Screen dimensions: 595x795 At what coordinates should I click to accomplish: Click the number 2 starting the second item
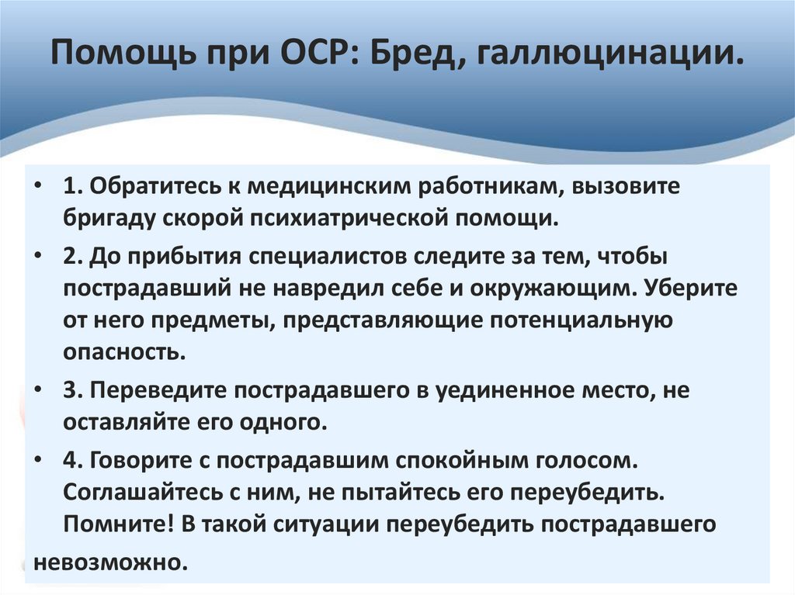coord(69,254)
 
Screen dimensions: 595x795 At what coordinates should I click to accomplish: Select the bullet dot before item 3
coord(38,392)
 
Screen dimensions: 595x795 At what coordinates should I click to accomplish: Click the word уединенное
coord(505,391)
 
